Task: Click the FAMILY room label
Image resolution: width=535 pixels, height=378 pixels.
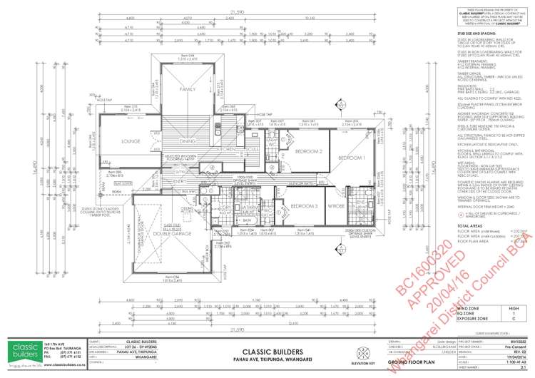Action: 187,89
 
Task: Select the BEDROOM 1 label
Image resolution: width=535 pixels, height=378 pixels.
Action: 352,137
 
